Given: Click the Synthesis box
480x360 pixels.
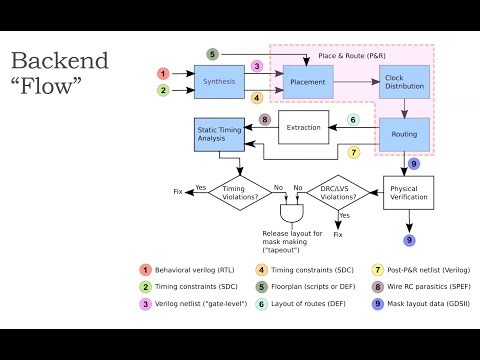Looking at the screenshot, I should pos(219,82).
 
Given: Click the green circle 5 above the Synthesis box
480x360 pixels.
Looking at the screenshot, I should pos(212,54).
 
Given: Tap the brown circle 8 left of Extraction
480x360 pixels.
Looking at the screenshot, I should pos(265,120).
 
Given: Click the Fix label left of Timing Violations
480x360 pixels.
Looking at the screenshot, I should pos(178,190).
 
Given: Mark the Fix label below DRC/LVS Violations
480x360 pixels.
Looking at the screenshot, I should pos(337,234).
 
